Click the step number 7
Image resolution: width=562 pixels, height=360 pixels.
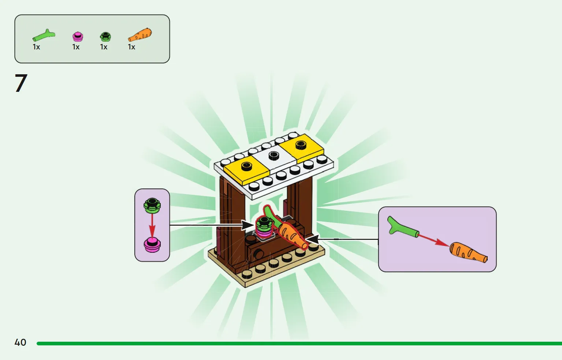coord(21,83)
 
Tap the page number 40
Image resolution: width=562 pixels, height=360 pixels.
coord(21,342)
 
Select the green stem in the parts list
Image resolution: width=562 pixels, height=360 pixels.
coord(44,35)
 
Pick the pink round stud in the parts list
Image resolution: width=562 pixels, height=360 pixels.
coord(78,37)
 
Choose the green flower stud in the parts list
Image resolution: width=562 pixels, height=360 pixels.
coord(105,37)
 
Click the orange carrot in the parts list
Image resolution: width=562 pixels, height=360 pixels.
coord(140,35)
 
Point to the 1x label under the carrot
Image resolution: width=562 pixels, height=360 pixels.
coord(131,47)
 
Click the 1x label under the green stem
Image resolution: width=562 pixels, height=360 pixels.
coord(36,47)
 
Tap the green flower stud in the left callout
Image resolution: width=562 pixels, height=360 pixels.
coord(152,206)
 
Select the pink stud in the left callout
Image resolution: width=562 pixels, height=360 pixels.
coord(152,245)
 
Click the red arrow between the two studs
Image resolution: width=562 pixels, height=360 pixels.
coord(152,225)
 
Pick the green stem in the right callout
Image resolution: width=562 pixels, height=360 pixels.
coord(403,226)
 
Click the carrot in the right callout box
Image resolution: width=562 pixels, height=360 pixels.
coord(468,252)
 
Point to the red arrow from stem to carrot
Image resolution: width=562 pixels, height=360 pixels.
coord(434,240)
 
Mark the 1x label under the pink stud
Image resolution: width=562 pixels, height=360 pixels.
coord(76,47)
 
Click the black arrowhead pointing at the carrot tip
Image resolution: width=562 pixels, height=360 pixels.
coord(312,239)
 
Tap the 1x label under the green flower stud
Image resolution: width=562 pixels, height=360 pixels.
coord(104,47)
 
